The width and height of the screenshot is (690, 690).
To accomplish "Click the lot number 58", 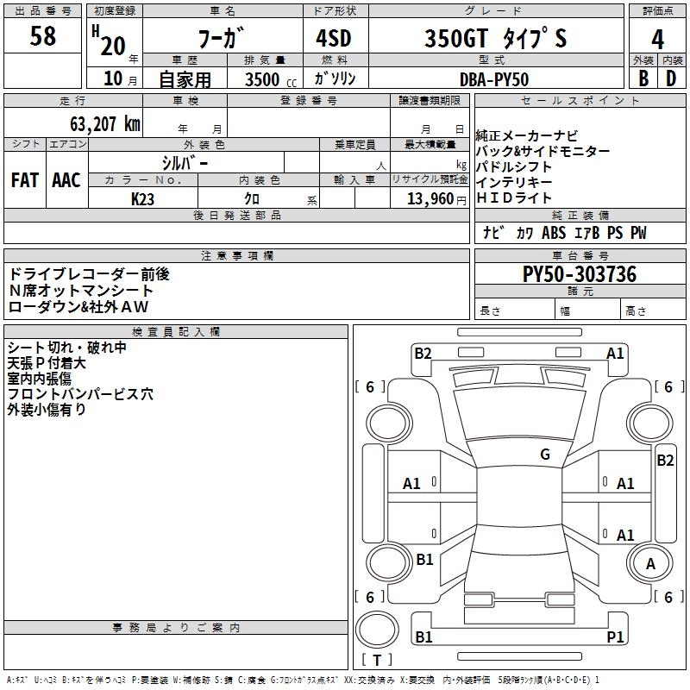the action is (42, 37).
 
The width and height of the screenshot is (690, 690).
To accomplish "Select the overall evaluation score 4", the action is (657, 39).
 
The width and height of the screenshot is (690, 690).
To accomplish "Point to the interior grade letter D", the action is (671, 78).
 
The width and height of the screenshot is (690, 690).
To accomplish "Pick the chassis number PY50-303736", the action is (580, 274).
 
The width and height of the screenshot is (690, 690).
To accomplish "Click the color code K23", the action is (143, 198).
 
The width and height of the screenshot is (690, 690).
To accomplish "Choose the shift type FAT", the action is (25, 180).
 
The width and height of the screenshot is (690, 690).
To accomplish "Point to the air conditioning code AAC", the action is (66, 180).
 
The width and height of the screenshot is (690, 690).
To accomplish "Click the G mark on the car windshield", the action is (544, 455).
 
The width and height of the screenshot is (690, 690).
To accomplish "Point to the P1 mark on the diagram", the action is (615, 637).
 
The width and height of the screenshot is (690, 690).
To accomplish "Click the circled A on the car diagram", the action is (650, 564).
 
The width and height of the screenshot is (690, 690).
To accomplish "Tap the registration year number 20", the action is (112, 45).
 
